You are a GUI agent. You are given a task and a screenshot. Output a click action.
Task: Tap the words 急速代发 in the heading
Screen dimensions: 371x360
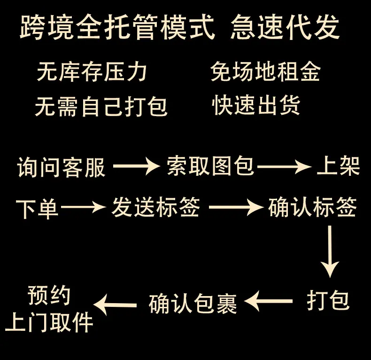pyautogui.click(x=285, y=27)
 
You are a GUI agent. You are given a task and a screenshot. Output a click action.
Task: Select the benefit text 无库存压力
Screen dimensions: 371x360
pyautogui.click(x=92, y=72)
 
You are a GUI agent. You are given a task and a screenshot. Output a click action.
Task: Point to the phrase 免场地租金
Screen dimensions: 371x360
pyautogui.click(x=266, y=72)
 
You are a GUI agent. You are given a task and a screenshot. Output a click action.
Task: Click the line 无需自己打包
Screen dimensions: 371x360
pyautogui.click(x=101, y=106)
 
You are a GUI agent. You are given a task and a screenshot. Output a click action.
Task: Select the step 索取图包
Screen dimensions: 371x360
pyautogui.click(x=210, y=166)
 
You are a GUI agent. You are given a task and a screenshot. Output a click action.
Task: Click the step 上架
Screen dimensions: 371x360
pyautogui.click(x=338, y=166)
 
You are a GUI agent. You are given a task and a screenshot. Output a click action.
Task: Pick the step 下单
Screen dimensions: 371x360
pyautogui.click(x=37, y=208)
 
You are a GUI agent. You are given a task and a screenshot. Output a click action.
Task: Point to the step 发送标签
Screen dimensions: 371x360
pyautogui.click(x=156, y=207)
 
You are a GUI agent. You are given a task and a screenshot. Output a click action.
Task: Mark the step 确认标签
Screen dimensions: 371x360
pyautogui.click(x=313, y=207)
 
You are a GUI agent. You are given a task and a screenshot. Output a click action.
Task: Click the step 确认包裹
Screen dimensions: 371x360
pyautogui.click(x=193, y=303)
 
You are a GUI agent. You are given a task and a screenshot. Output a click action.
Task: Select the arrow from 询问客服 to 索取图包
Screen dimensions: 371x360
pyautogui.click(x=136, y=166)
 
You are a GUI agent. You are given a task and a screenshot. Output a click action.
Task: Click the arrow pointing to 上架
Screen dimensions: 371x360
pyautogui.click(x=285, y=166)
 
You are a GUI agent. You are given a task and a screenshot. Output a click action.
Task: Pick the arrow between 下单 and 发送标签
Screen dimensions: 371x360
pyautogui.click(x=83, y=207)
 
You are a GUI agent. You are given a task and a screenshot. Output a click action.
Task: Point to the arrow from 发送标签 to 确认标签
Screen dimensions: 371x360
pyautogui.click(x=235, y=207)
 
